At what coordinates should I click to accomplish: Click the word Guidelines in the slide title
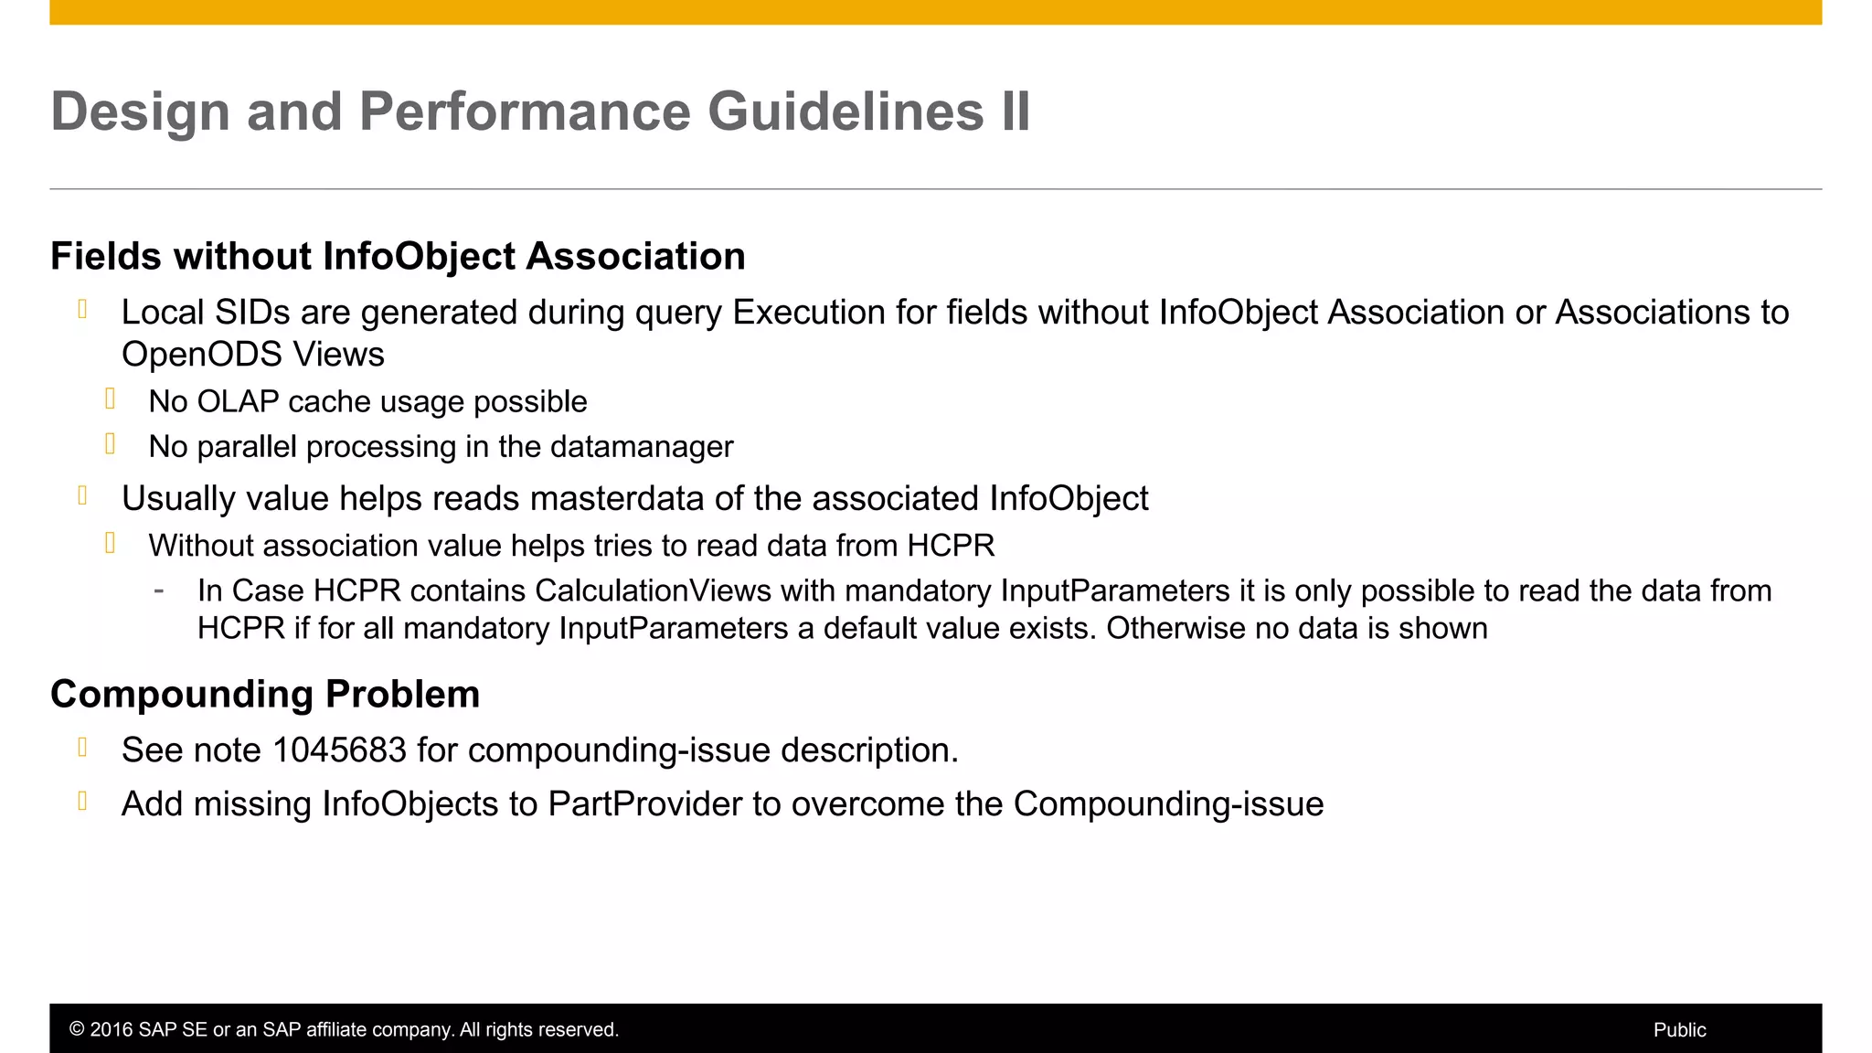(x=846, y=112)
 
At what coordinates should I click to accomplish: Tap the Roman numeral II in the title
(x=1016, y=112)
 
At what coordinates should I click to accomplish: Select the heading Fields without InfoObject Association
(x=398, y=256)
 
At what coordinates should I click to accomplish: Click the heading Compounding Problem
(x=265, y=694)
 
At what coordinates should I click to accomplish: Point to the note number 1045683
(x=339, y=750)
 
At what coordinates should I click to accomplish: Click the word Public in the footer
(x=1679, y=1030)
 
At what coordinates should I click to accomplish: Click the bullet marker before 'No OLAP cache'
(x=111, y=399)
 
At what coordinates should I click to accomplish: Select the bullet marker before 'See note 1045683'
(x=83, y=748)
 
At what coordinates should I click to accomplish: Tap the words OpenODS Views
(x=253, y=355)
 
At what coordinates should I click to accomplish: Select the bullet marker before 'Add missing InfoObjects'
(x=83, y=802)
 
